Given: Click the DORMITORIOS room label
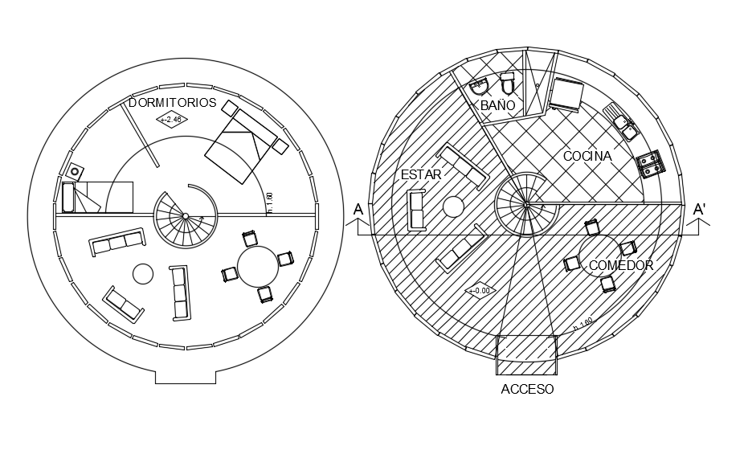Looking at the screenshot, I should (x=173, y=102).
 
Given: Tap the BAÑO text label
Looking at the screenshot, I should (x=498, y=105).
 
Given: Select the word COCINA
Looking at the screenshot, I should (x=587, y=156).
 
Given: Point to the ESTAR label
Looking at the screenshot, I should (x=420, y=174).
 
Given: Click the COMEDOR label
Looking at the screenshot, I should (x=620, y=265).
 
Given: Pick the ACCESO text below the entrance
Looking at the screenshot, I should (x=527, y=389).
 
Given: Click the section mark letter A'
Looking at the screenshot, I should (x=700, y=210).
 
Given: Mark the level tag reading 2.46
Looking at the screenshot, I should (x=170, y=121).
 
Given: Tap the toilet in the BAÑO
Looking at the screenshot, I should (x=508, y=83).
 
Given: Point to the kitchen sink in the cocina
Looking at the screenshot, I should (x=623, y=121).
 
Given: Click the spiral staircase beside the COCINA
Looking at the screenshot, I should (x=525, y=204).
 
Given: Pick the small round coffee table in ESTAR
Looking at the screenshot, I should (x=452, y=207).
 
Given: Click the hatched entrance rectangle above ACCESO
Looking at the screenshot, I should (x=527, y=355).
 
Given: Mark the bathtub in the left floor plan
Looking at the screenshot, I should (x=68, y=197).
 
